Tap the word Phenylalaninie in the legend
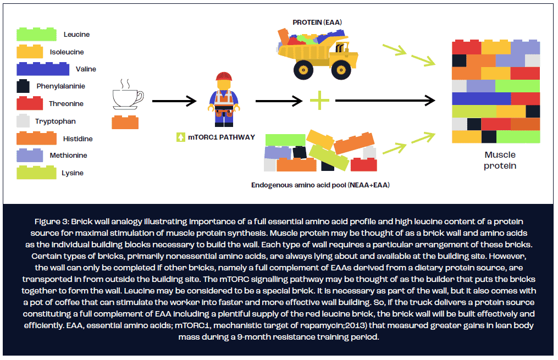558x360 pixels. [x=60, y=86]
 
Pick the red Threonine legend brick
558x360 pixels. [x=30, y=103]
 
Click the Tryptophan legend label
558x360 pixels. [x=56, y=121]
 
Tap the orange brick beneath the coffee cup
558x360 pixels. [x=125, y=122]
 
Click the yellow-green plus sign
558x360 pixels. [x=319, y=101]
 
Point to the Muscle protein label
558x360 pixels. [x=500, y=160]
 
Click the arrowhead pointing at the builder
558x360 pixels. [x=192, y=101]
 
